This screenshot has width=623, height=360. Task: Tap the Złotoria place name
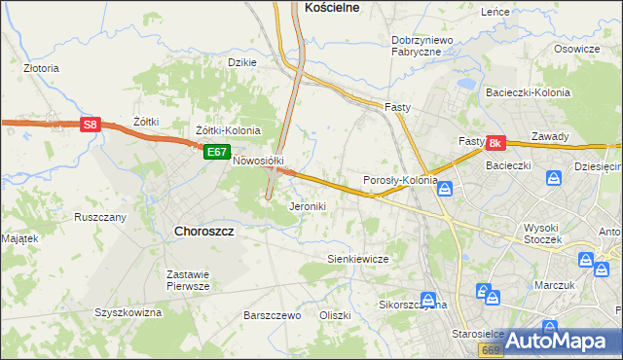[x=42, y=69]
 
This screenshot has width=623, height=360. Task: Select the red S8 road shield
[x=90, y=125]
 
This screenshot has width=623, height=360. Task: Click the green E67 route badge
[x=217, y=153]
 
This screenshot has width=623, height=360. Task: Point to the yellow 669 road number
[x=491, y=348]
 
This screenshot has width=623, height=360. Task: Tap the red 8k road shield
[x=495, y=143]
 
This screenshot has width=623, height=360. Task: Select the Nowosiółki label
[x=257, y=162]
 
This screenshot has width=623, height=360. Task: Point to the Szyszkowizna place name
[x=128, y=312]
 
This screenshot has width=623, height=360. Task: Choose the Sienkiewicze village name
[x=357, y=259]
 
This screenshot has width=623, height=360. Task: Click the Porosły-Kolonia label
[x=400, y=180]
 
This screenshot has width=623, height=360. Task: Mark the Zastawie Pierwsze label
[x=188, y=280]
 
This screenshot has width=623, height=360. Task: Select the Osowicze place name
[x=576, y=49]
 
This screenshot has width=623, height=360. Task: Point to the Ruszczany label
[x=100, y=217]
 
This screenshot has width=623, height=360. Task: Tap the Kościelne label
[x=333, y=7]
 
